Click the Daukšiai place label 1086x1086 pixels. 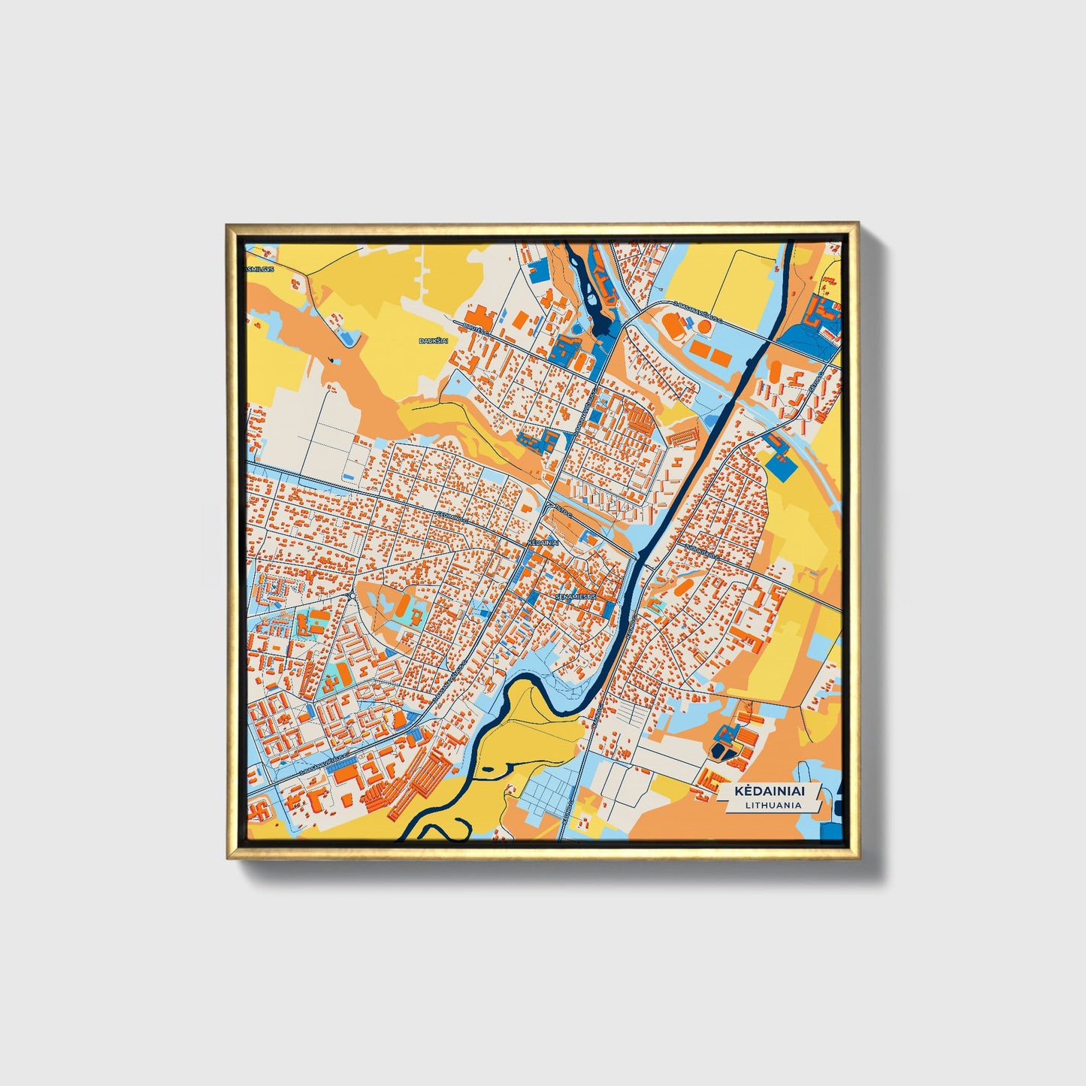[432, 341]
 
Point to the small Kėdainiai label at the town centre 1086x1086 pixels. [543, 542]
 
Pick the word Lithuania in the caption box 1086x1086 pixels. [773, 805]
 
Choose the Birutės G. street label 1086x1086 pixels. [477, 328]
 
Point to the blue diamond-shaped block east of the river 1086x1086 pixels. [782, 466]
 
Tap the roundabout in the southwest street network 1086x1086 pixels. [352, 597]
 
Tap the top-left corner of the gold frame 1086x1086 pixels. [227, 224]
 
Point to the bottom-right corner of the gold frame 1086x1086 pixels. [858, 858]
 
